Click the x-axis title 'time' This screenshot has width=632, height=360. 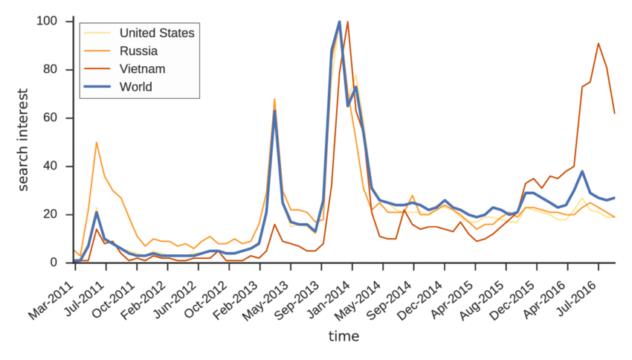[344, 336]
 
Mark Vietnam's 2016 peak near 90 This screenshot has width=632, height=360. [599, 43]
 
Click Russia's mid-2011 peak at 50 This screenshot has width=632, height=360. [97, 142]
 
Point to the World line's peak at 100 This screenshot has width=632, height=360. [340, 22]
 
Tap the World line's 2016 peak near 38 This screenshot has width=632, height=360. [582, 171]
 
